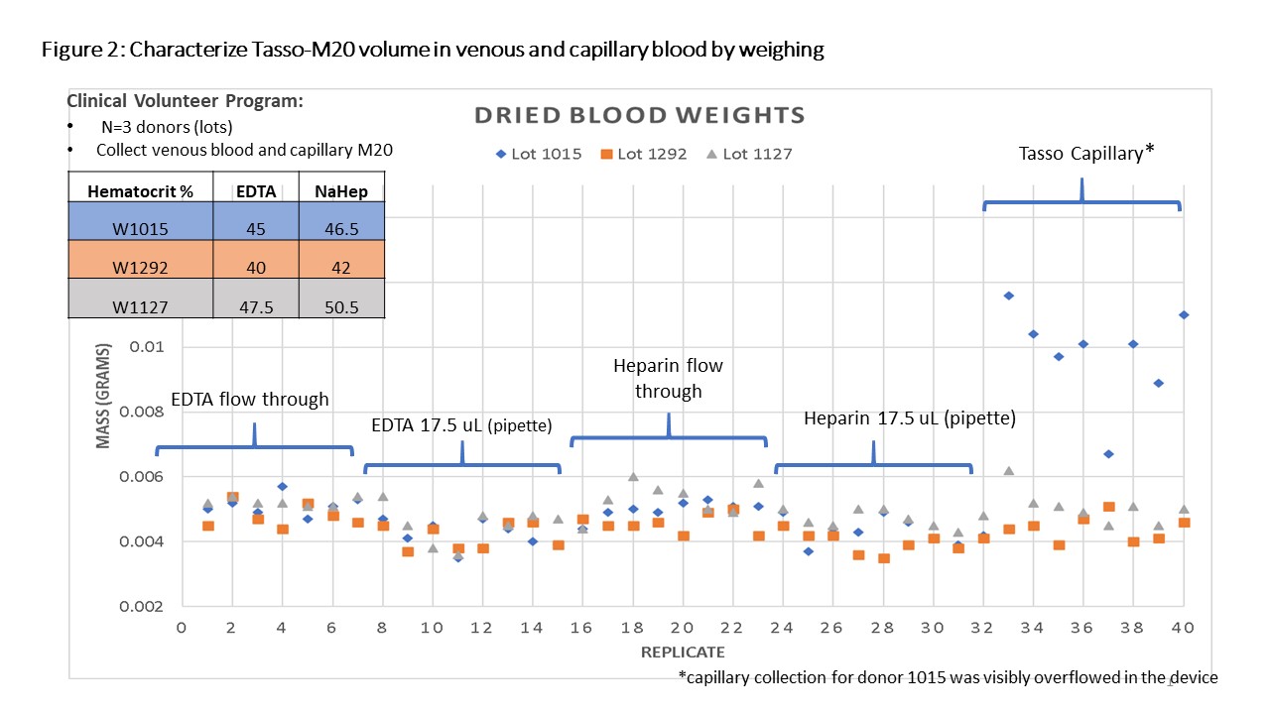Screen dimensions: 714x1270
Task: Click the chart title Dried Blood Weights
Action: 639,115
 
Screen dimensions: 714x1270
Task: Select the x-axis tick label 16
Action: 582,628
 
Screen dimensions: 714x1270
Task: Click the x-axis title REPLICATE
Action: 683,653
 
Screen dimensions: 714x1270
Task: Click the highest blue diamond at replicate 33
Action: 1008,296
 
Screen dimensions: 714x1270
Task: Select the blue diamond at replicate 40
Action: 1184,315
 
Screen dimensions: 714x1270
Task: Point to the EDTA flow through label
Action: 250,401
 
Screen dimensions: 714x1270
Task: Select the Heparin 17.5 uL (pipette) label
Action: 910,418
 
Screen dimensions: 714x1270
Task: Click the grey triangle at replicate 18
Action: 633,477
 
